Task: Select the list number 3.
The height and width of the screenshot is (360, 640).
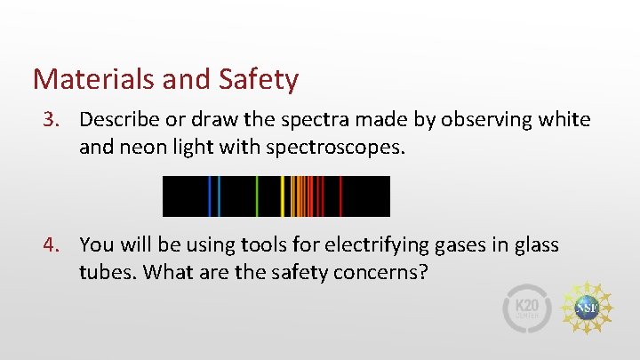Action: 54,119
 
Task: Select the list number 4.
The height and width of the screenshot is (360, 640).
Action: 54,244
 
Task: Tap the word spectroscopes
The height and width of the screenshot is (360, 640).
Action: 340,146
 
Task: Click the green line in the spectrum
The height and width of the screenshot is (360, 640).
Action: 257,196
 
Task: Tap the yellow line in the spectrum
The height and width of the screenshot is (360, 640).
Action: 283,196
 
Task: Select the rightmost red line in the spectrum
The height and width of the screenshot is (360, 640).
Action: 341,196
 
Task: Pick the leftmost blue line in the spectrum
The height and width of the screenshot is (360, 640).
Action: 210,196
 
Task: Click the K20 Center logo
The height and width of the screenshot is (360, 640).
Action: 528,308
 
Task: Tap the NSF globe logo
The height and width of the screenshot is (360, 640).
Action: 588,308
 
